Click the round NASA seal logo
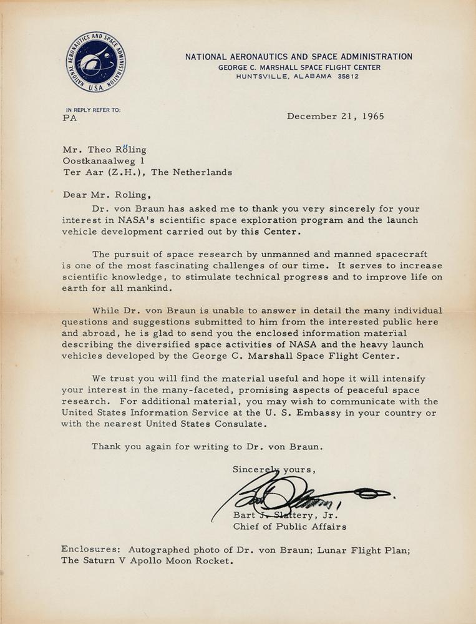(x=96, y=62)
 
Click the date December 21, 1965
(x=335, y=116)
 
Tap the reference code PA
(x=70, y=119)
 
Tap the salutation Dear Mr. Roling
(x=107, y=194)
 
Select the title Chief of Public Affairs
(x=289, y=527)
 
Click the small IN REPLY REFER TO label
(x=93, y=110)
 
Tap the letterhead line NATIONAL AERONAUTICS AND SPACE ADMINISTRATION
(x=298, y=57)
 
